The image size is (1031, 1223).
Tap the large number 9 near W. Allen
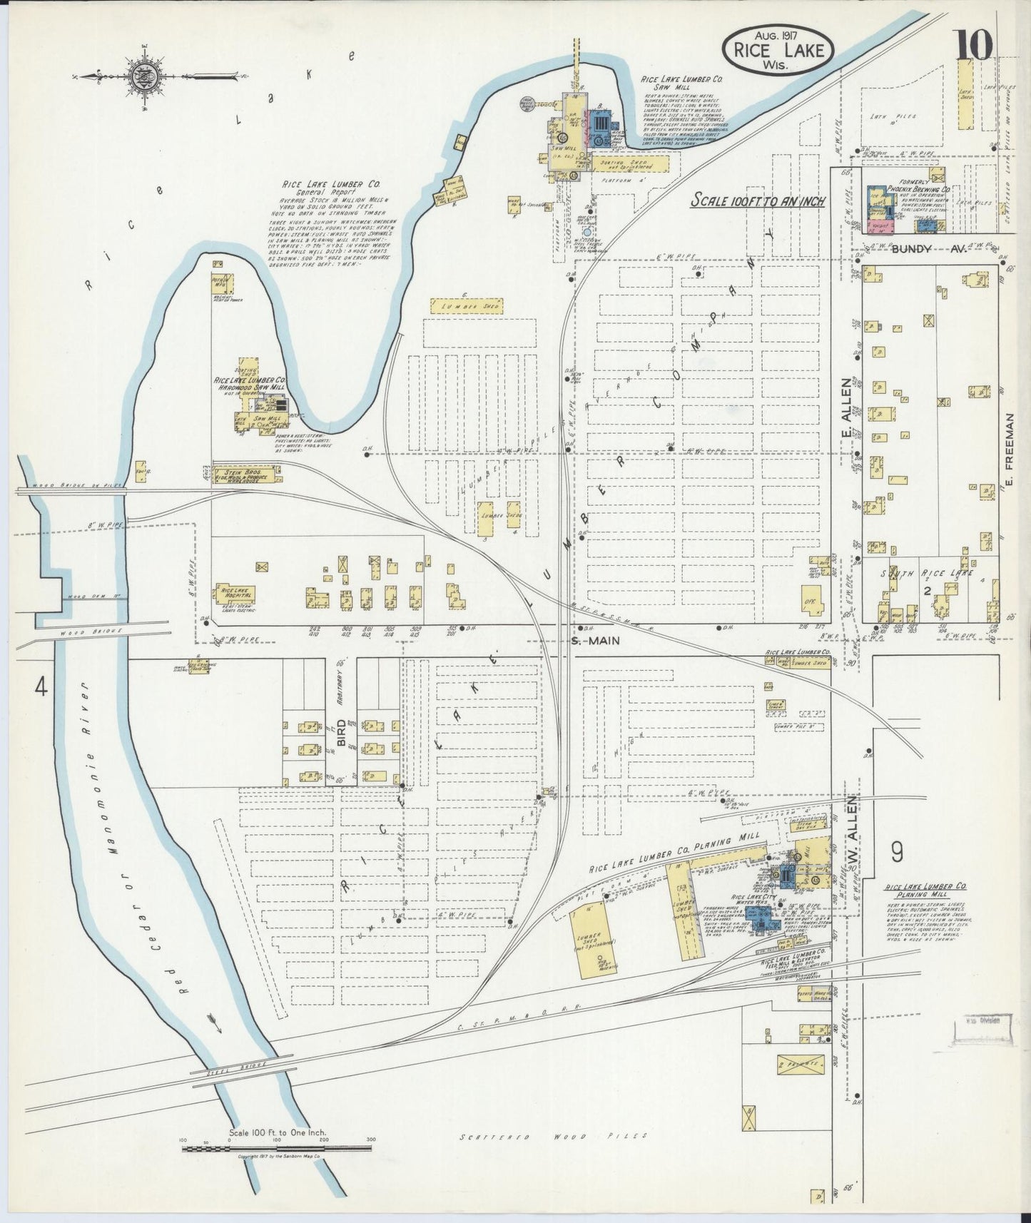click(897, 851)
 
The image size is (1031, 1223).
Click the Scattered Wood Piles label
click(553, 1136)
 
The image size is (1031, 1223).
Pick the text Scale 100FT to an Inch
click(757, 201)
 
